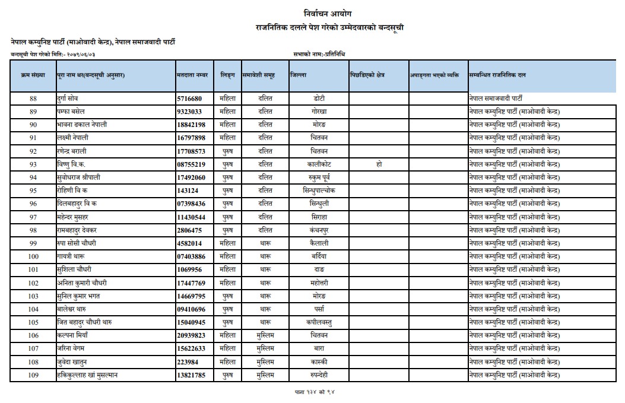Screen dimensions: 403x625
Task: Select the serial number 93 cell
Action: click(x=33, y=164)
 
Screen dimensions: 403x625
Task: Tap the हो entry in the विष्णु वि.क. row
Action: click(x=379, y=164)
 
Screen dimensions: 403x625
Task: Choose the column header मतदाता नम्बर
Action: click(x=193, y=75)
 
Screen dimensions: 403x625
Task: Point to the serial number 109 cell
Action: click(x=33, y=375)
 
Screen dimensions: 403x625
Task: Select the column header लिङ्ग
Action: click(x=227, y=75)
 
